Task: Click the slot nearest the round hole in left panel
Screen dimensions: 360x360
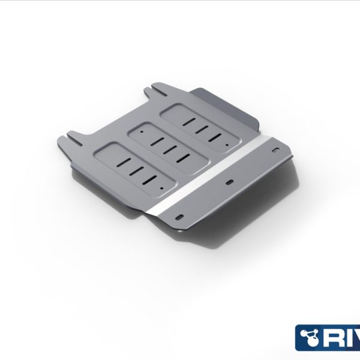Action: (x=150, y=179)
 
